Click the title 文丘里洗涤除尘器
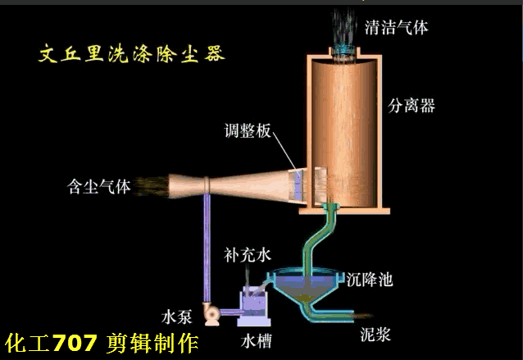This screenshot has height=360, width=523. point(132,54)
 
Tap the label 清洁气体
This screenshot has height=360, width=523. point(396,28)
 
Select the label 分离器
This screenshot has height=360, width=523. point(412,105)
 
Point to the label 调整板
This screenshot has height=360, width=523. point(249,130)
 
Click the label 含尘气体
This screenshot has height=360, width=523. point(98,186)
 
